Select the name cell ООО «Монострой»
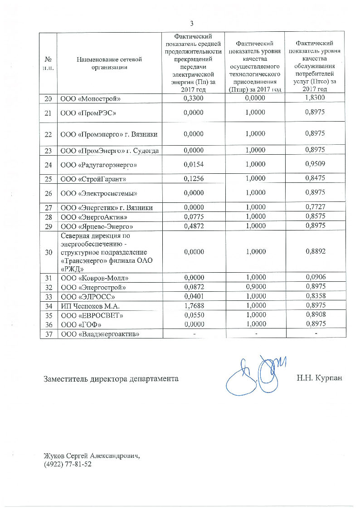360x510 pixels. [x=91, y=98]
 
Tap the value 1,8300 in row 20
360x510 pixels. [x=315, y=98]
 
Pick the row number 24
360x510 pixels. [x=48, y=164]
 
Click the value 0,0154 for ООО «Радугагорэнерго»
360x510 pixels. [x=193, y=164]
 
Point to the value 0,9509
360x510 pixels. [x=315, y=163]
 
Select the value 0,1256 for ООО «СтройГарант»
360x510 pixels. [x=193, y=179]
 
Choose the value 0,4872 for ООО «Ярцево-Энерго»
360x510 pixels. [x=193, y=226]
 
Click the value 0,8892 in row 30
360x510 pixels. [x=315, y=252]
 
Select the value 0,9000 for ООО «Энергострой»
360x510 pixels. [x=254, y=287]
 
